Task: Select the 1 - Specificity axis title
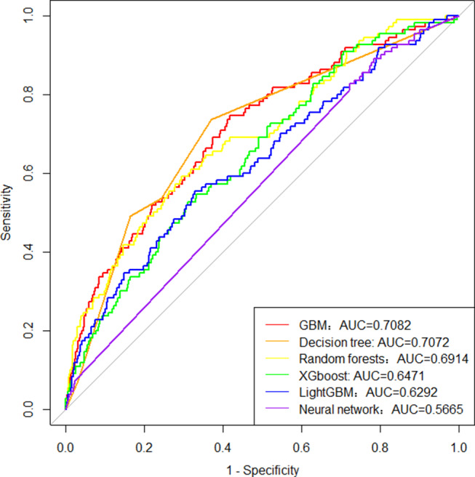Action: click(x=262, y=468)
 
